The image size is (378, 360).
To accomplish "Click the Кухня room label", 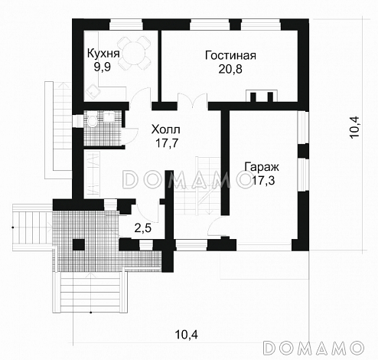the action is point(103,54).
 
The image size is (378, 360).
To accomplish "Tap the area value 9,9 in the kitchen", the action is point(103,67).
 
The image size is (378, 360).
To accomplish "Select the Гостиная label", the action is point(230,55).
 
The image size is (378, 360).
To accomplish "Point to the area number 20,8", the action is point(230,69).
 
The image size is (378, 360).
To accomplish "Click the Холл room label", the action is point(166,129).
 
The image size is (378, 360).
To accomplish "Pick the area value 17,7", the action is point(167,143).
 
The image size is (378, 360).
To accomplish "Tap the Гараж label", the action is point(262,167).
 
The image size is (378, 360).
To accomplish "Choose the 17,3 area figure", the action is point(263,181).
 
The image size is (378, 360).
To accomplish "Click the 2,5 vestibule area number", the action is point(143,228).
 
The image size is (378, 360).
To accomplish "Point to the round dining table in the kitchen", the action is point(133,54).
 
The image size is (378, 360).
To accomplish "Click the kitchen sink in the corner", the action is point(92,91).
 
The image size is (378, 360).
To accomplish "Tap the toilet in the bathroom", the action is point(92,120).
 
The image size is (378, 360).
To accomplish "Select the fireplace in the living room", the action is point(262,97).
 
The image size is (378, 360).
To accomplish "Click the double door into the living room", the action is point(193,101).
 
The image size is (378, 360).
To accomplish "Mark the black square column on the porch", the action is point(79,244).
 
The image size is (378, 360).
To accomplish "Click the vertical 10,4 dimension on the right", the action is point(355,128).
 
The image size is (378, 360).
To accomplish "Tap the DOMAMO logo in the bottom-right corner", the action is point(313,347).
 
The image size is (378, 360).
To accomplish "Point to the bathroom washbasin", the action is point(109,116).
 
